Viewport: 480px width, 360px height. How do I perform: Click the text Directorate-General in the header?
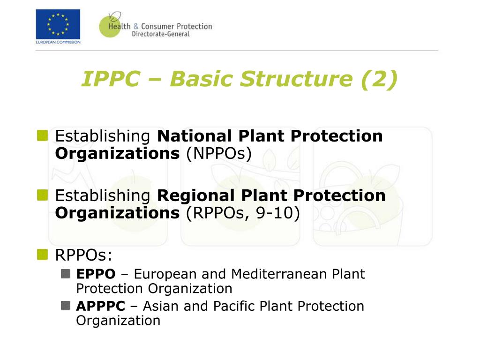coord(160,34)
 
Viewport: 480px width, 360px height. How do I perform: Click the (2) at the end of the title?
coord(379,79)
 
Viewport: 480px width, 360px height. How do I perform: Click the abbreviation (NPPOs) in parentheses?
coord(219,153)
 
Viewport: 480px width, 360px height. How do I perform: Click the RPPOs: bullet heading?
coord(84,255)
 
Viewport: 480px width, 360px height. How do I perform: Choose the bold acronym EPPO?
coord(96,274)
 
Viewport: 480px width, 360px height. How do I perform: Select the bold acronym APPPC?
coord(100,306)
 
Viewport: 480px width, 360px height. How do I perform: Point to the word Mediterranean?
coord(279,274)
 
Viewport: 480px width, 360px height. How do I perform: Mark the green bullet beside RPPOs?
coord(43,255)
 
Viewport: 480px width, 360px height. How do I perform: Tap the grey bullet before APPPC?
coord(66,306)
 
